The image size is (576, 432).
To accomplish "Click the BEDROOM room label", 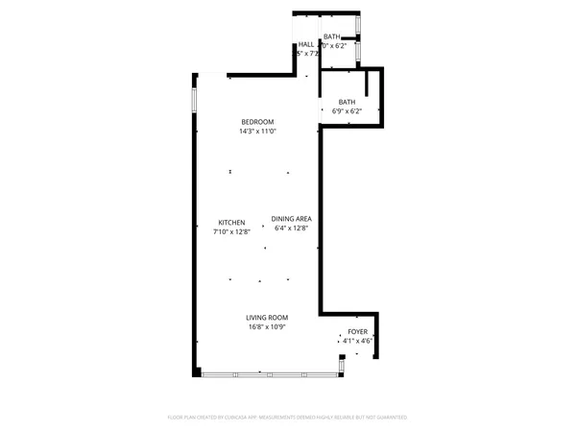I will pyautogui.click(x=257, y=121).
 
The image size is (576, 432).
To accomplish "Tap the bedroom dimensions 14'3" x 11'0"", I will pyautogui.click(x=257, y=132).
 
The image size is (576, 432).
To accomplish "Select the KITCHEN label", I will pyautogui.click(x=231, y=221).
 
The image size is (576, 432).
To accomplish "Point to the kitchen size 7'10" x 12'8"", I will pyautogui.click(x=231, y=231).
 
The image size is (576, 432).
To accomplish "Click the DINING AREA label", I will pyautogui.click(x=291, y=219).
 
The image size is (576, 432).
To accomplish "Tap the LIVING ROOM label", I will pyautogui.click(x=267, y=317).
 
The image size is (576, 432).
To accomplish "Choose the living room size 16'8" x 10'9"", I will pyautogui.click(x=267, y=327).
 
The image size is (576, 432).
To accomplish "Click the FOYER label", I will pyautogui.click(x=357, y=331).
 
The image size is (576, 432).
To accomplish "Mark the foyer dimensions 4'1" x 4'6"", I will pyautogui.click(x=357, y=341).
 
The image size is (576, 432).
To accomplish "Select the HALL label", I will pyautogui.click(x=305, y=44).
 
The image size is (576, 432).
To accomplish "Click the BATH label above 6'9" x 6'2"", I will pyautogui.click(x=347, y=102).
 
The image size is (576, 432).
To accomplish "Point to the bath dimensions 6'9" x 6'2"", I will pyautogui.click(x=347, y=111).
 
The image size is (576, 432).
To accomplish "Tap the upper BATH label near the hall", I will pyautogui.click(x=331, y=36).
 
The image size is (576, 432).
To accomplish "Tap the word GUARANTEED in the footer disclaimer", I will pyautogui.click(x=389, y=418).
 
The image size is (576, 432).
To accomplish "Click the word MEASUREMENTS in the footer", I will pyautogui.click(x=285, y=418).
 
